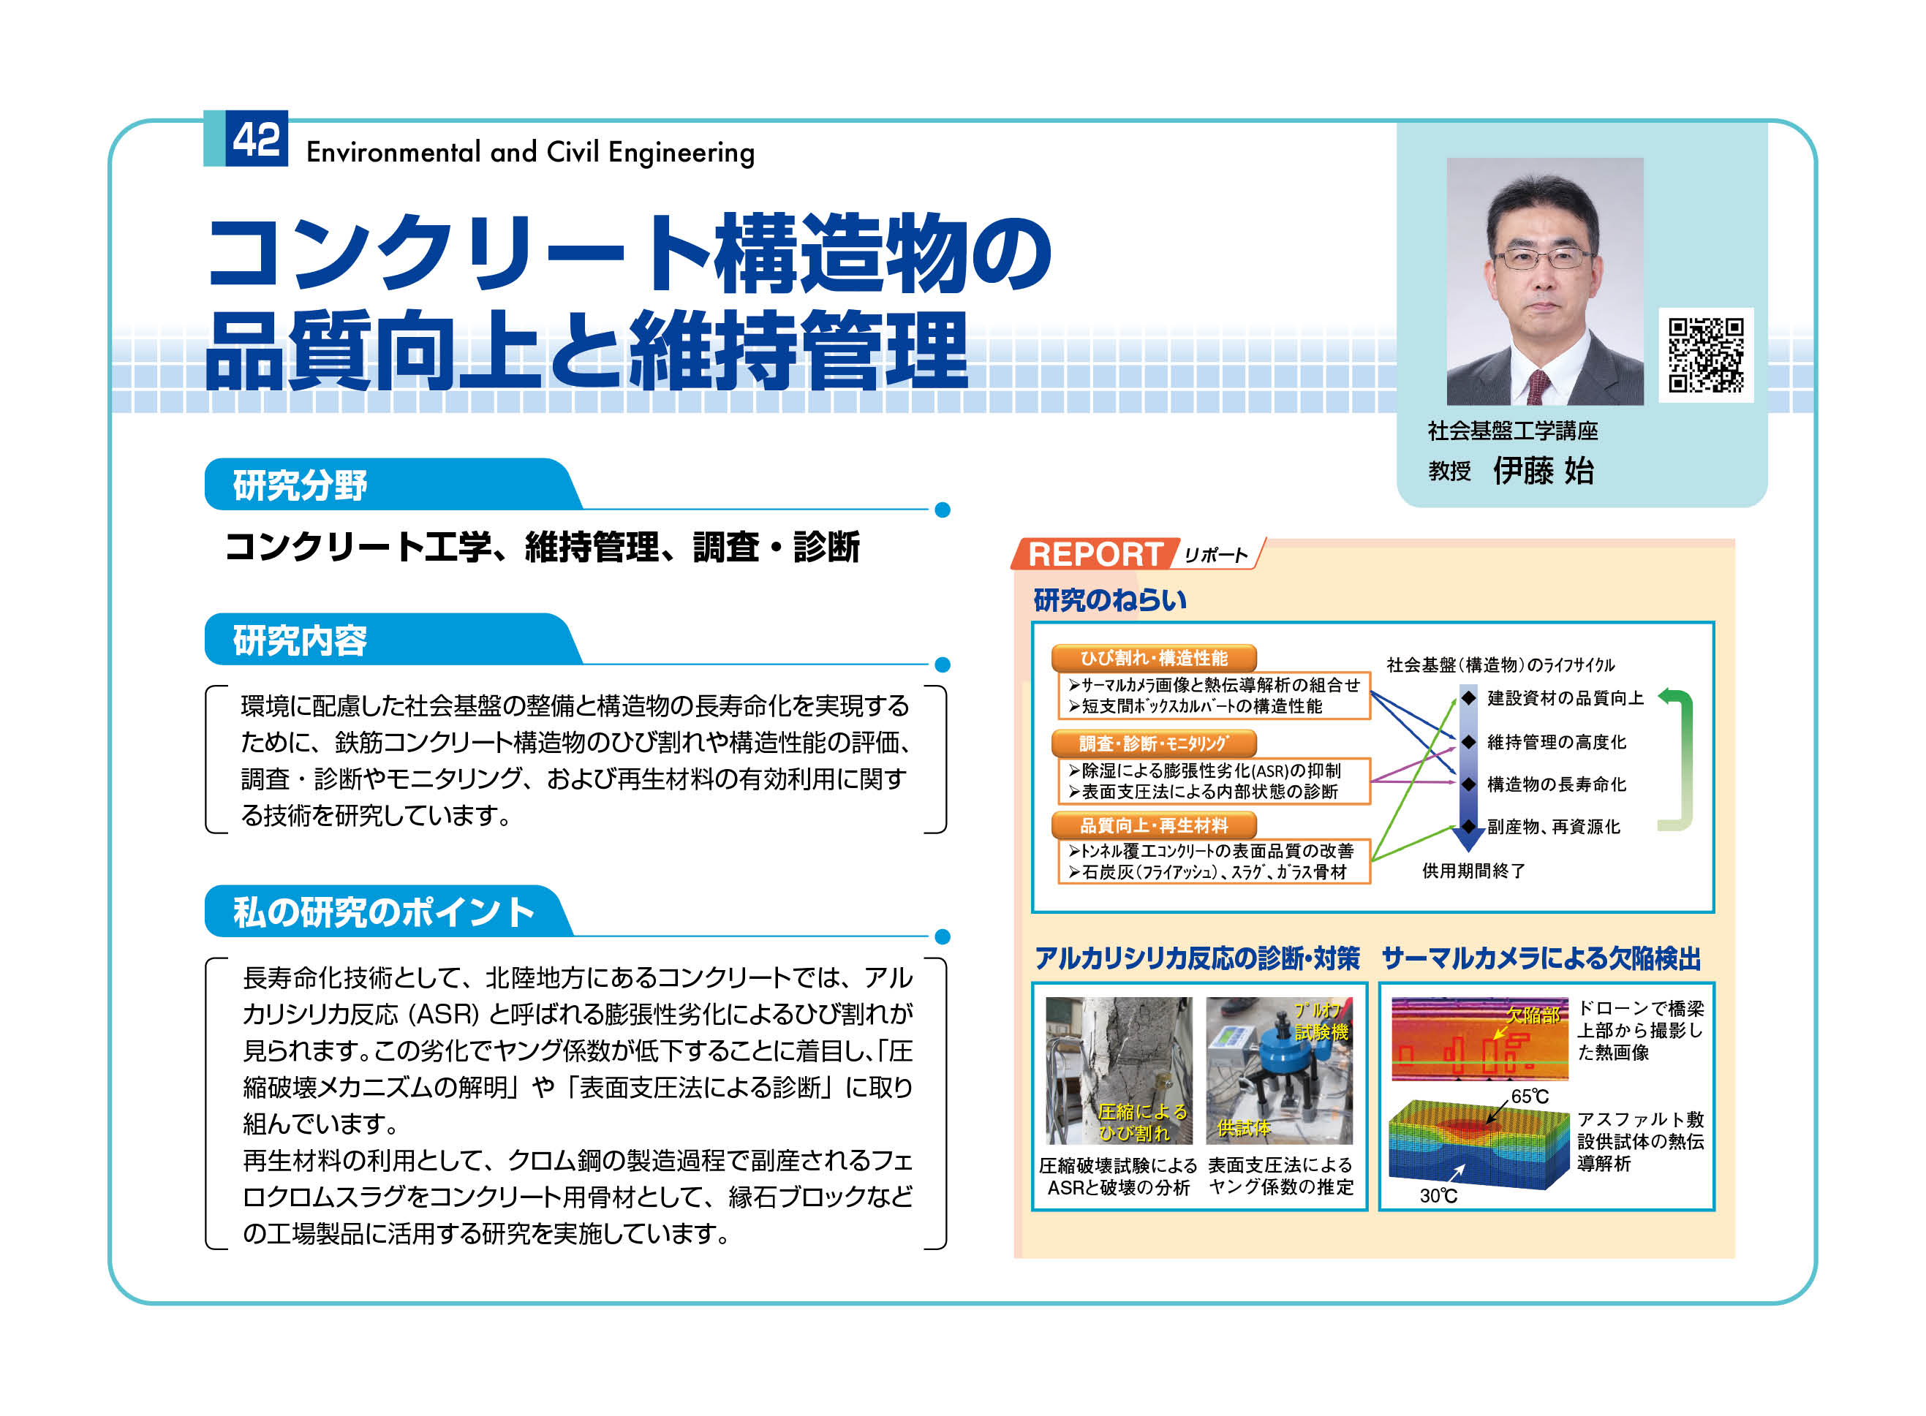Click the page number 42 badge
256,139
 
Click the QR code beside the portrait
1705,354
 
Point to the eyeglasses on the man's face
1542,257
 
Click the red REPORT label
1094,553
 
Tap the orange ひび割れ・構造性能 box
1153,657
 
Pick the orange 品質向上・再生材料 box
1153,825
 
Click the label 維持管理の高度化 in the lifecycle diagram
1556,741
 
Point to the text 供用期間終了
1473,871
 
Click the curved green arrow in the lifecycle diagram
1686,760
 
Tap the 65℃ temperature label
1529,1097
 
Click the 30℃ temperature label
1438,1196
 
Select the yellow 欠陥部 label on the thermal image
1533,1015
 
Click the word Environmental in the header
393,153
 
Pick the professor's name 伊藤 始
1543,471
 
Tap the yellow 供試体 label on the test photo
1244,1128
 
